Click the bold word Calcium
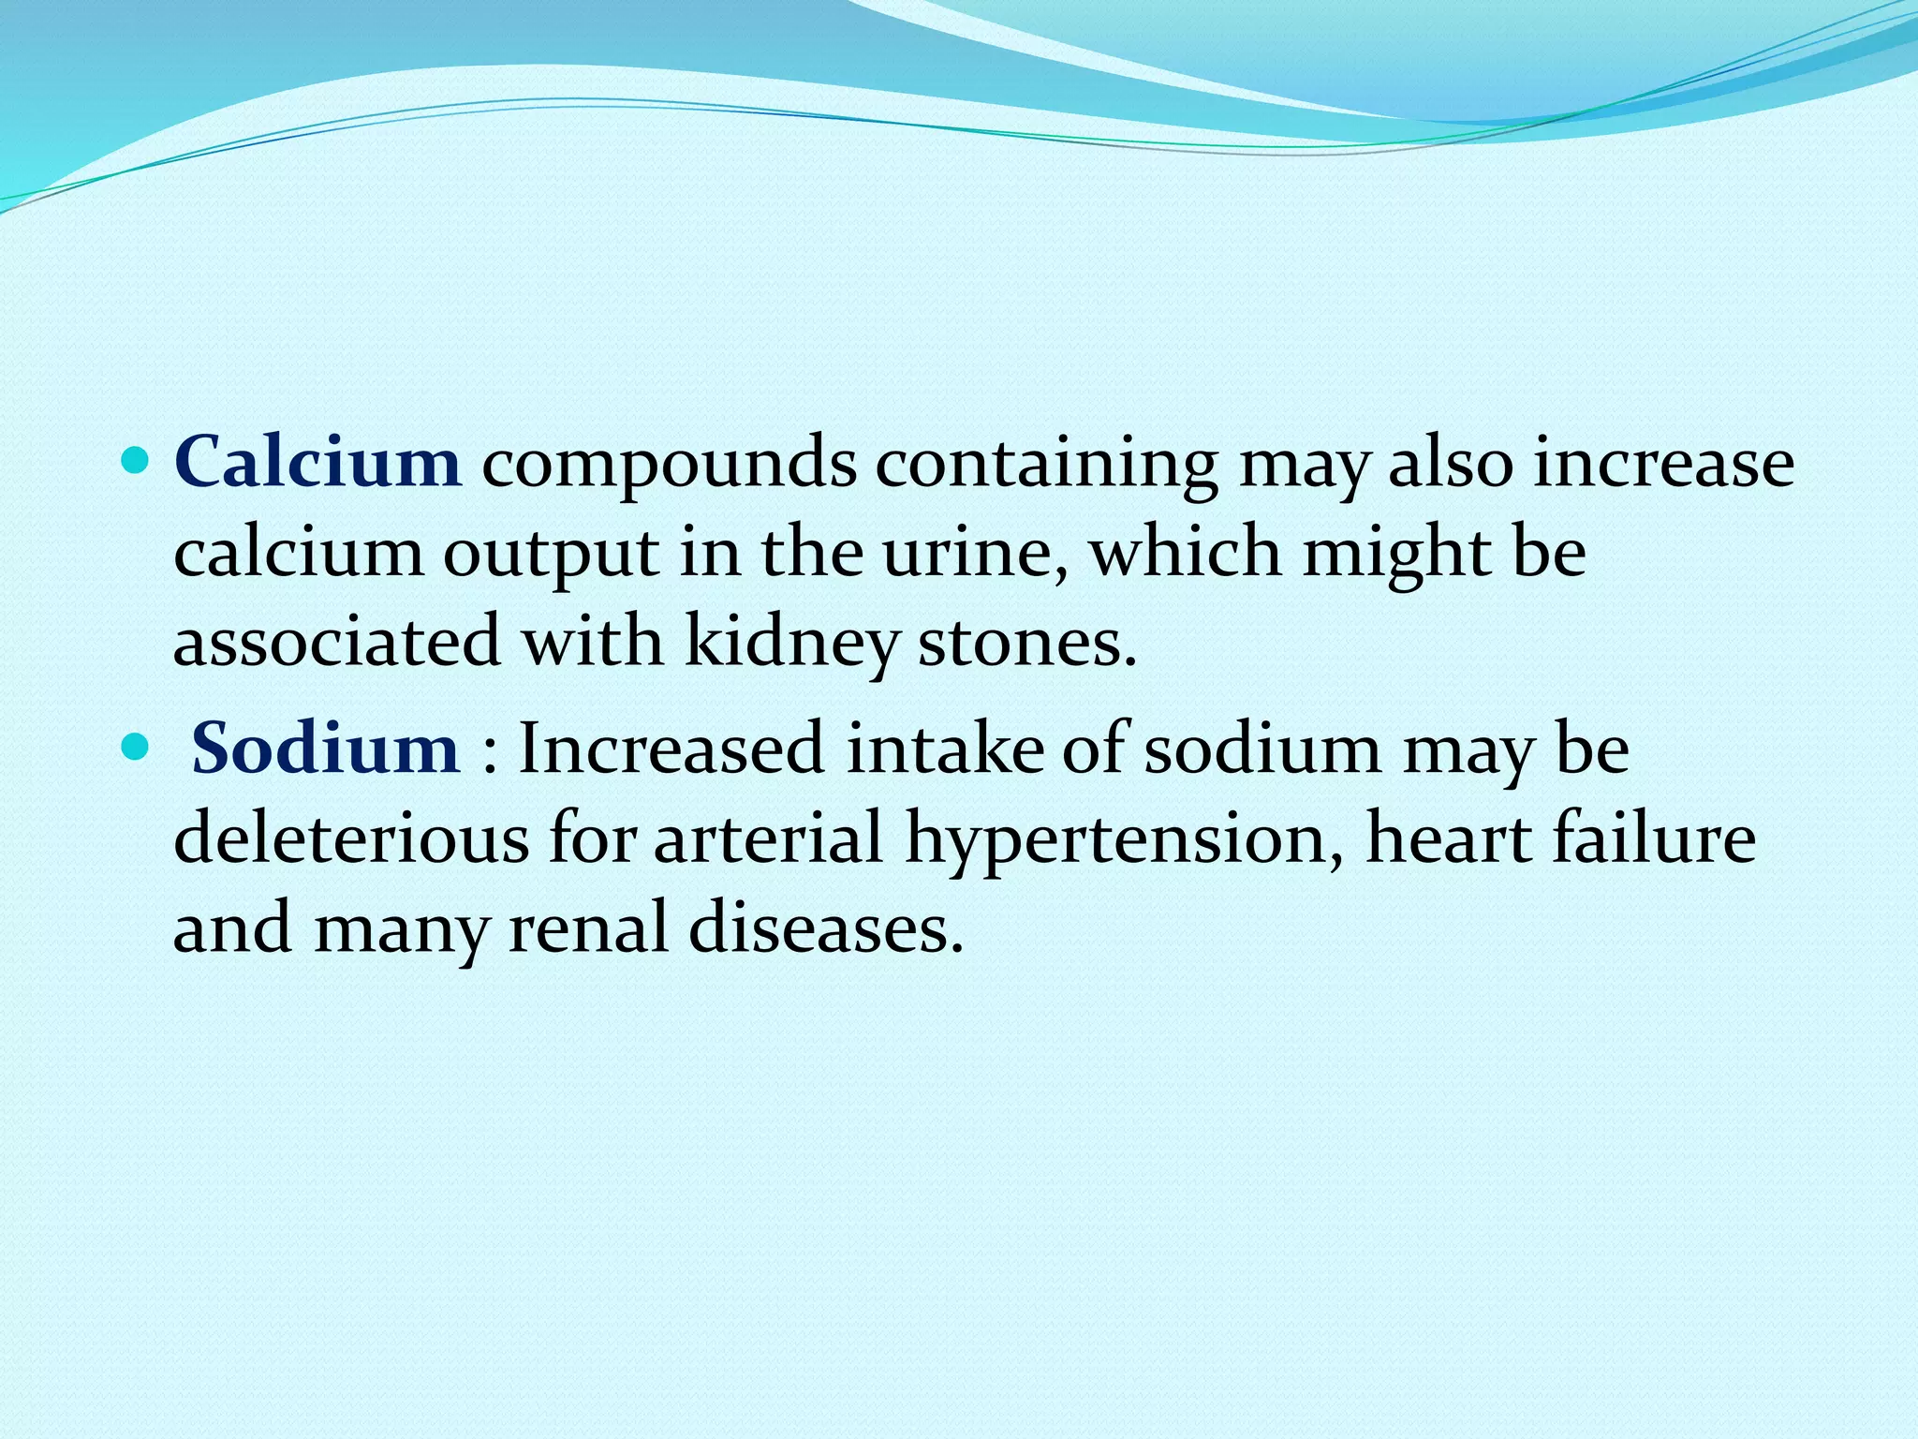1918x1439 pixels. point(317,462)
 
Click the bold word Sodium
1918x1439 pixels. point(325,749)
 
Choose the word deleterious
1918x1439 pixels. point(351,838)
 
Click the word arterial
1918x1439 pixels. point(768,838)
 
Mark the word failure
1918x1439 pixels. point(1654,838)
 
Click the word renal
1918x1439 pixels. point(588,927)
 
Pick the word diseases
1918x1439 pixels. point(826,927)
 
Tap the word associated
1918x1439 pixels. point(337,643)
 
